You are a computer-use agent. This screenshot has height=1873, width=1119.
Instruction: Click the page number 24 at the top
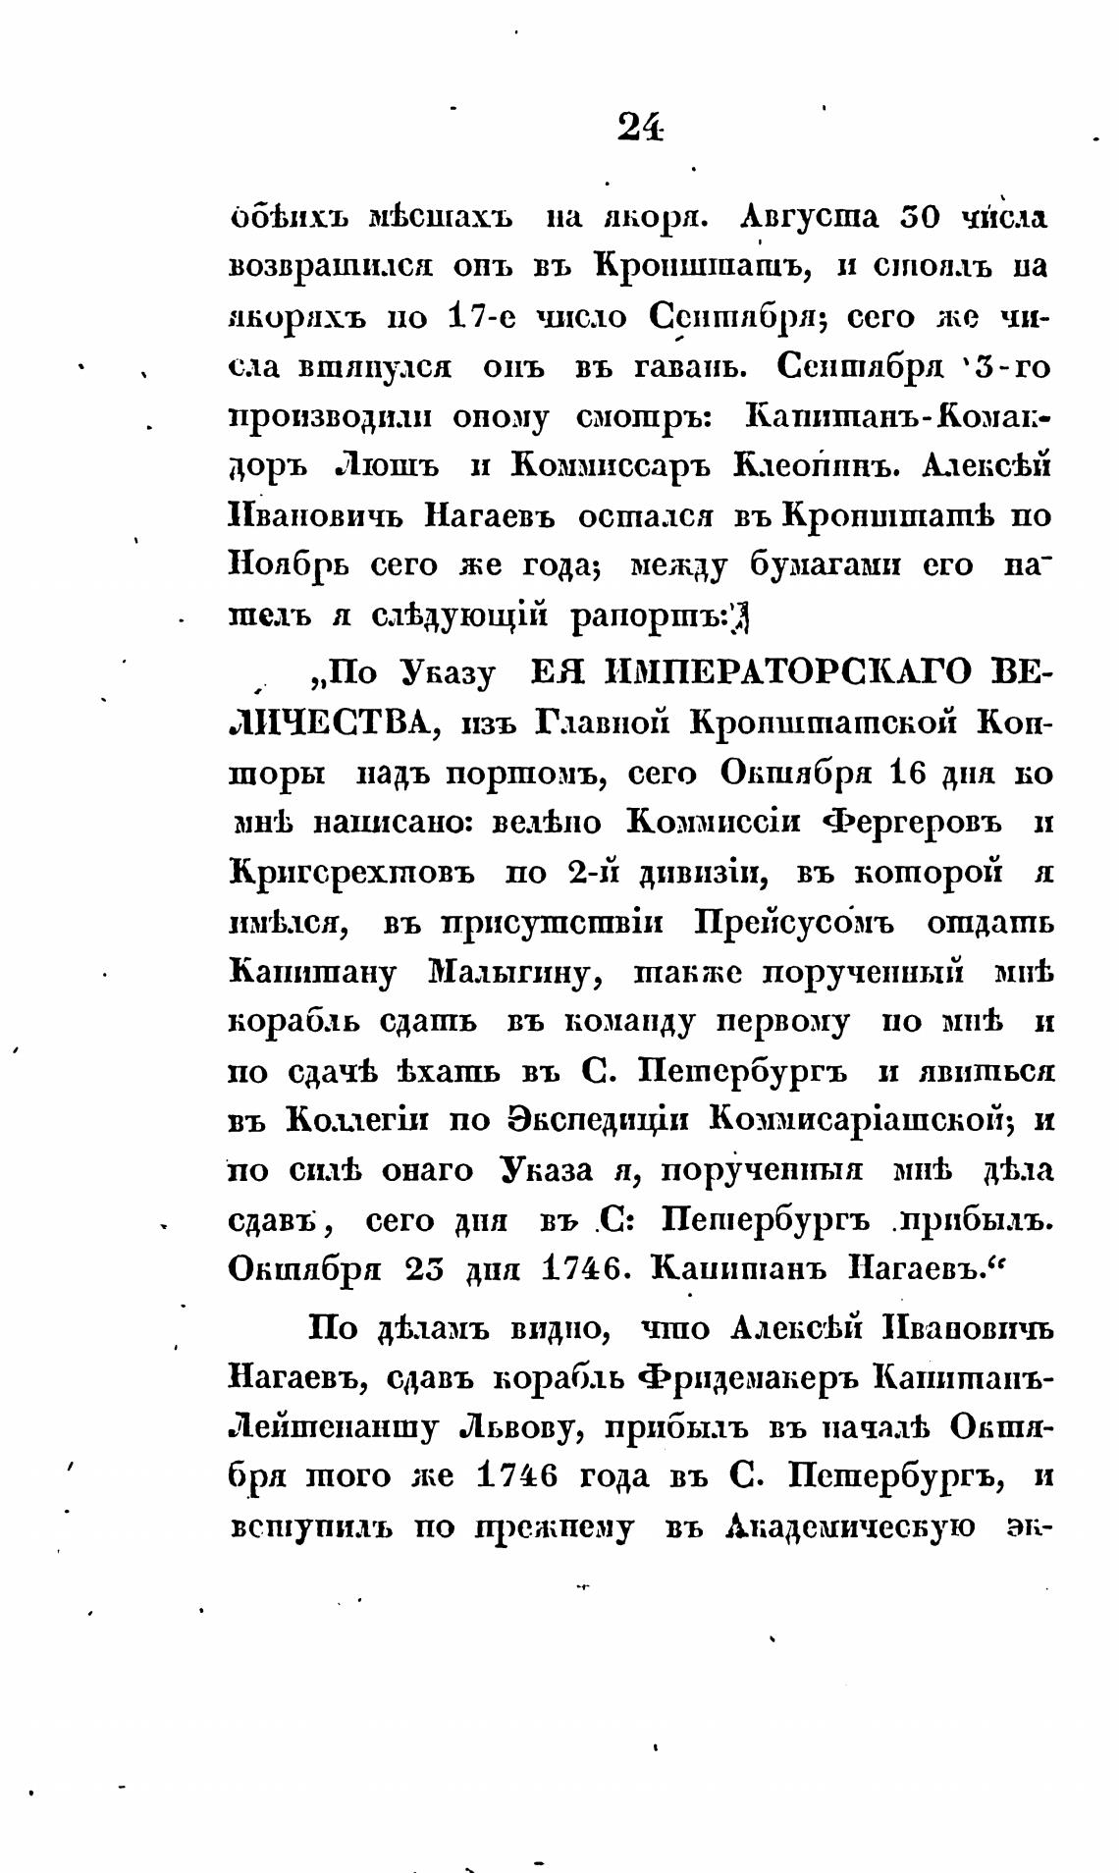[640, 127]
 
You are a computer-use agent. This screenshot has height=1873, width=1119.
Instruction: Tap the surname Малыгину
[507, 973]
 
